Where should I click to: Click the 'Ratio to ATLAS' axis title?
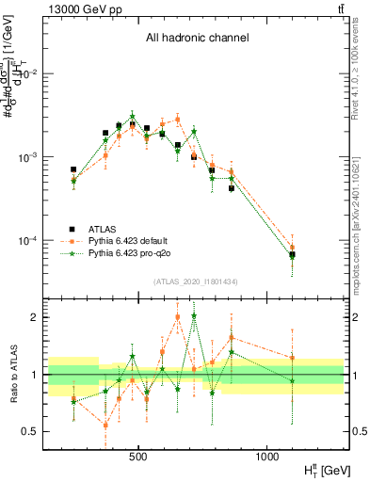(x=12, y=374)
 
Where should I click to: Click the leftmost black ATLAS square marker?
(x=73, y=169)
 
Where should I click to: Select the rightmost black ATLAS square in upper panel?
(x=292, y=254)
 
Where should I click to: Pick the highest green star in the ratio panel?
(x=194, y=316)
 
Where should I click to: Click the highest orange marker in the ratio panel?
(x=178, y=316)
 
